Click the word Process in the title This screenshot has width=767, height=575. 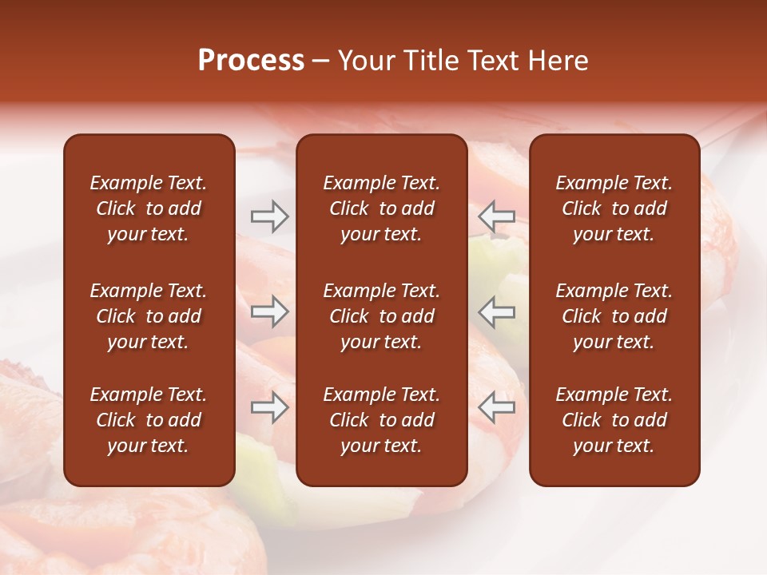pyautogui.click(x=251, y=61)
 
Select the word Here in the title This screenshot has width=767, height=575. pyautogui.click(x=556, y=61)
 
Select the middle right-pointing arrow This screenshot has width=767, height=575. pyautogui.click(x=270, y=311)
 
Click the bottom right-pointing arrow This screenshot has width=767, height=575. pyautogui.click(x=270, y=408)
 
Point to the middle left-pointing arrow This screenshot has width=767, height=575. pyautogui.click(x=497, y=311)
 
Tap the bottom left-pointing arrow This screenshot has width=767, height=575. pyautogui.click(x=497, y=408)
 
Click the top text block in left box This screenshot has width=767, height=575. pyautogui.click(x=149, y=208)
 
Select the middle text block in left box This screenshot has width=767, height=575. pyautogui.click(x=149, y=316)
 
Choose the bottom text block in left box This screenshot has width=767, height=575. pyautogui.click(x=149, y=420)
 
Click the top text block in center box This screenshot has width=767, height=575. pyautogui.click(x=382, y=208)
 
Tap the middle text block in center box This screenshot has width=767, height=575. pyautogui.click(x=382, y=316)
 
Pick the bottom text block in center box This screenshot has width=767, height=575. pyautogui.click(x=382, y=420)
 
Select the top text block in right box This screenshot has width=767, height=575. pyautogui.click(x=614, y=208)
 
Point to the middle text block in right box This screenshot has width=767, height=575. pyautogui.click(x=614, y=316)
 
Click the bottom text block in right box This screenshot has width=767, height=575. pyautogui.click(x=614, y=420)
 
